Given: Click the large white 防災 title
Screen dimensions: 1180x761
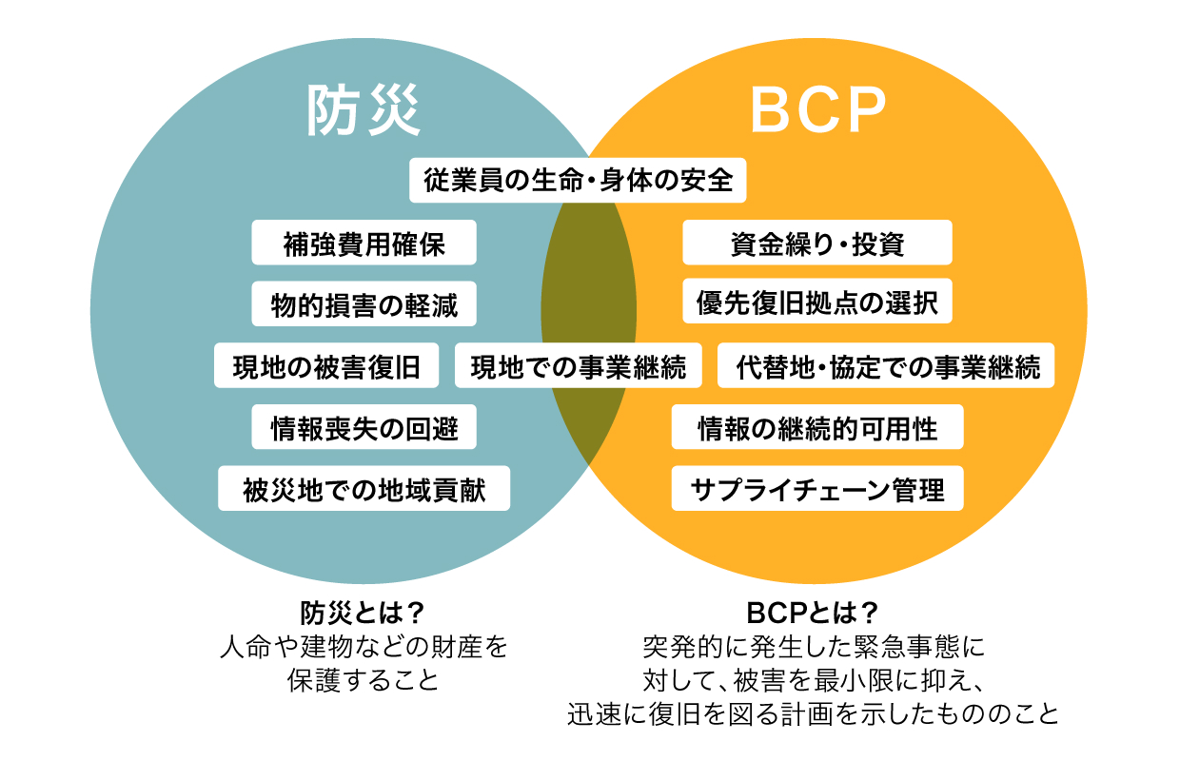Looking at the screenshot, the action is click(x=364, y=110).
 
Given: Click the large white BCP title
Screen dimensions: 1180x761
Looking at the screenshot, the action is click(x=818, y=109).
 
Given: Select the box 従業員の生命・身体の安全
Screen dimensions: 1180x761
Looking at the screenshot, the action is click(x=578, y=180).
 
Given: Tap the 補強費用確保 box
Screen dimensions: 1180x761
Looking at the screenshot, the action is click(x=364, y=243).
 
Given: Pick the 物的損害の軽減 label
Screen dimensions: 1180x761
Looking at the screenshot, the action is click(x=364, y=303).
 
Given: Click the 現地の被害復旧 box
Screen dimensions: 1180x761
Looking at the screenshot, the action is click(x=326, y=365).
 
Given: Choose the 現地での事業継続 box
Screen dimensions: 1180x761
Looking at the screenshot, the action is click(x=579, y=365).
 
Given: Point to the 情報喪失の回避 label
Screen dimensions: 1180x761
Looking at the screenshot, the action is click(x=364, y=427).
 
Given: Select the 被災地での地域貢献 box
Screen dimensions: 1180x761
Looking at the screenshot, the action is click(x=364, y=488).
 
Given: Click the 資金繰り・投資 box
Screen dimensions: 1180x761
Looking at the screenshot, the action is click(x=817, y=243).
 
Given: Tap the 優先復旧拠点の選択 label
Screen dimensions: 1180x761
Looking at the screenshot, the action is click(x=817, y=301).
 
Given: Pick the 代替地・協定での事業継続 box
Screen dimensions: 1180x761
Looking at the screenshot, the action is click(x=886, y=365).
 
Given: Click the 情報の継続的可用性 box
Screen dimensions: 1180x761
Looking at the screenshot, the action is click(x=817, y=427).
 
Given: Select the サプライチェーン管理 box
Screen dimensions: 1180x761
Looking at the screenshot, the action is click(x=817, y=488).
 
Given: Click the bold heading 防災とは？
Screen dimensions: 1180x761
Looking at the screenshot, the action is click(x=363, y=613).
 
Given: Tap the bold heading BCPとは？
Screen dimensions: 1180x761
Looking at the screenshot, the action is click(x=813, y=613).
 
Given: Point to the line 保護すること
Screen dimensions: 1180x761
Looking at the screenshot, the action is click(x=363, y=680).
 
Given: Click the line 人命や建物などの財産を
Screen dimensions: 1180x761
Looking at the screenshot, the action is click(x=364, y=647).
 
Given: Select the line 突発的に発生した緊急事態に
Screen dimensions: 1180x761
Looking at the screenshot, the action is click(x=814, y=647).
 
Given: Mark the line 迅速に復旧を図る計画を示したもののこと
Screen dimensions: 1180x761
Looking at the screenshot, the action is click(x=813, y=713).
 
